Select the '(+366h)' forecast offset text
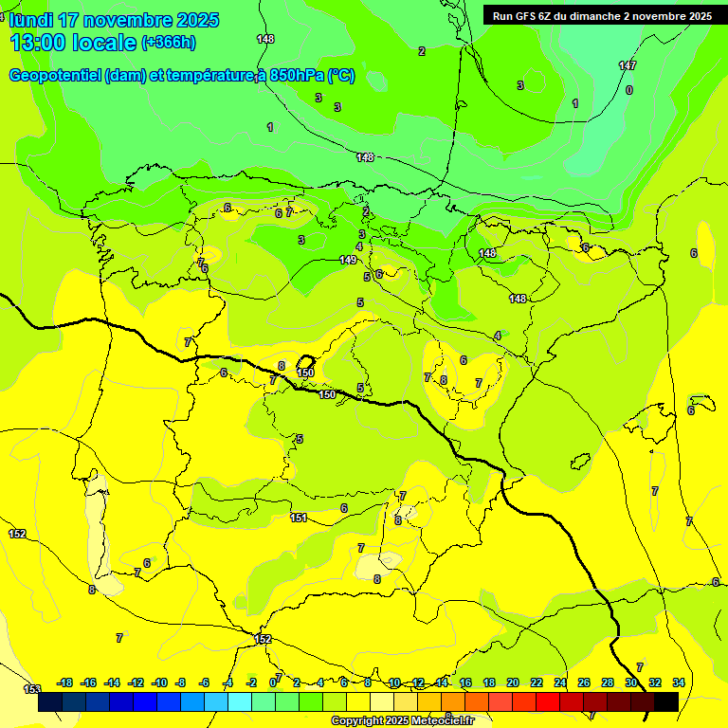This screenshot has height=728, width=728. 168,42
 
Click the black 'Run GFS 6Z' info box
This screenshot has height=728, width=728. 602,16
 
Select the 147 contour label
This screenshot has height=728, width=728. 628,65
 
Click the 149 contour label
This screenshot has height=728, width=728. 348,260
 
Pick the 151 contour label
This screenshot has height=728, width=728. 299,518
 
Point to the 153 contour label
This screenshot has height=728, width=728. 32,689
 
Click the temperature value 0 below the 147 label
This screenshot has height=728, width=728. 629,90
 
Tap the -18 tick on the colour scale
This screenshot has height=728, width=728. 65,682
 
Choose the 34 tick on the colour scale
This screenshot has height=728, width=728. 679,682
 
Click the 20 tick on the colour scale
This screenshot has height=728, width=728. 513,682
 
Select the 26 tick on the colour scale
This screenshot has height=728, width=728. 584,682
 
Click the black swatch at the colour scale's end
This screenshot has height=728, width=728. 666,702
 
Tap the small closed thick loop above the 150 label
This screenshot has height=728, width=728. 306,362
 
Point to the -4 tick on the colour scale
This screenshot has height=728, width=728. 228,682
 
